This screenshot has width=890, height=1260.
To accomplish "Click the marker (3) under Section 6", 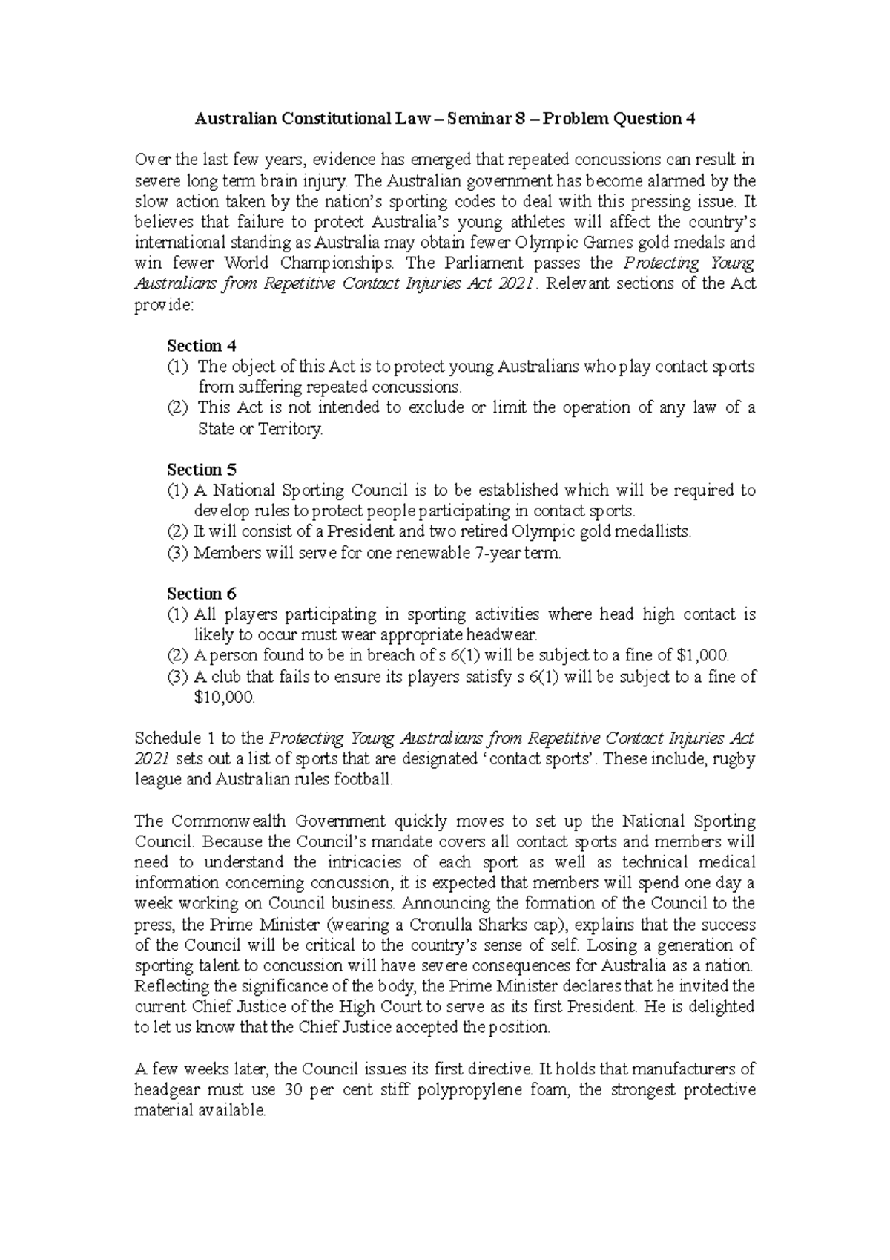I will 178,677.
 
